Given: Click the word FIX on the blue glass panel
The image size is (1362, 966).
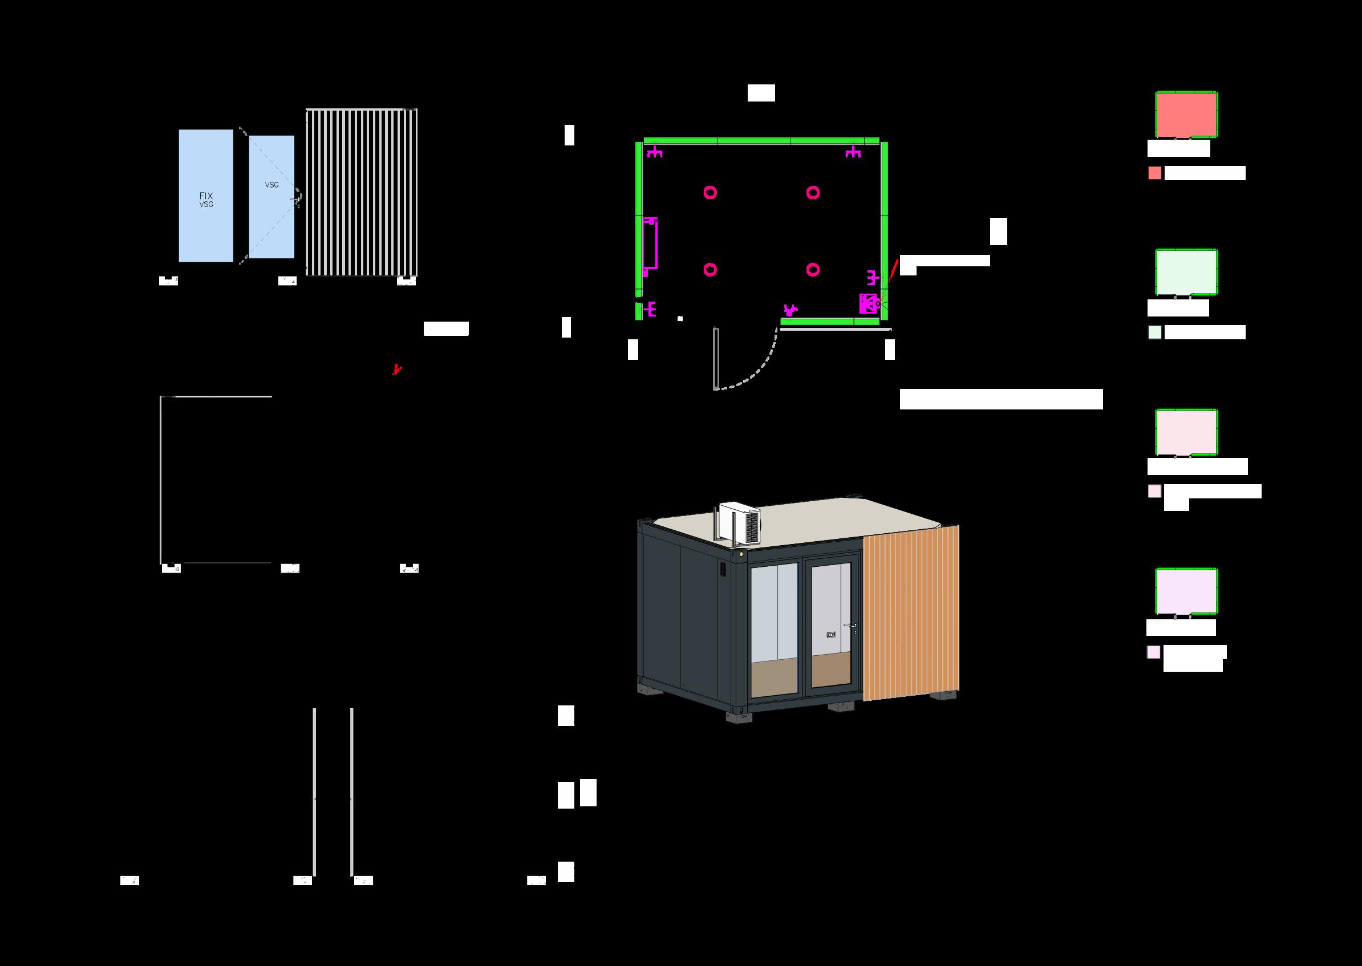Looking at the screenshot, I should tap(206, 196).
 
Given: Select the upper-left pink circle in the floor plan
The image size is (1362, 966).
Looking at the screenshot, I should tap(710, 192).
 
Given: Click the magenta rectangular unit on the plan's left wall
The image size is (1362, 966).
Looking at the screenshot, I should tap(650, 243).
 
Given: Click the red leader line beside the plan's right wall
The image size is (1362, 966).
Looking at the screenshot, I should tap(893, 272).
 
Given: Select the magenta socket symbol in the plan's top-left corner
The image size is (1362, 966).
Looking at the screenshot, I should tap(655, 152).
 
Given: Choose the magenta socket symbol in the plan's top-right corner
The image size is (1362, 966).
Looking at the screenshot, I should tap(853, 152).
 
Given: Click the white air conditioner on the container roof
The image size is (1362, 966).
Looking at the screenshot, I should tap(739, 522).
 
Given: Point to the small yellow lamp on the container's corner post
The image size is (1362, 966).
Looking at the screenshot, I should tap(741, 554).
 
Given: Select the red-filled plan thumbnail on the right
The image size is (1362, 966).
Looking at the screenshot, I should tap(1186, 114).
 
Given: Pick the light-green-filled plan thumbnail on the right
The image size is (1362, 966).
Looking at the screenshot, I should tap(1186, 272).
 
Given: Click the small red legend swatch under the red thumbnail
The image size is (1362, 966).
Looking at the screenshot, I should tap(1154, 173).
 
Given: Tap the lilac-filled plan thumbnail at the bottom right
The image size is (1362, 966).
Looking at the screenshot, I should tap(1186, 591).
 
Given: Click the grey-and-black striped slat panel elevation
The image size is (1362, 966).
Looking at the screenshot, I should tap(361, 192).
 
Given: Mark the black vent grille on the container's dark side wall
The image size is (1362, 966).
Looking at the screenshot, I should tap(723, 569).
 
